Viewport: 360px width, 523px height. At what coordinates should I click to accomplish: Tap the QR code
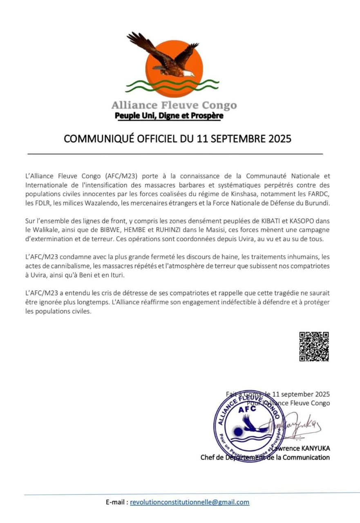click(x=314, y=346)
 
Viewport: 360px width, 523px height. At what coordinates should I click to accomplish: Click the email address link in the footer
click(x=190, y=502)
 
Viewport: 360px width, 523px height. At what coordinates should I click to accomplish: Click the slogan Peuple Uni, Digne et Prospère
click(x=169, y=116)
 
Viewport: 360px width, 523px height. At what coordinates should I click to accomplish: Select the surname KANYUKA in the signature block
click(x=310, y=448)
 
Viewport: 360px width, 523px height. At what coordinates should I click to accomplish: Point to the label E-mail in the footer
click(x=115, y=502)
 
